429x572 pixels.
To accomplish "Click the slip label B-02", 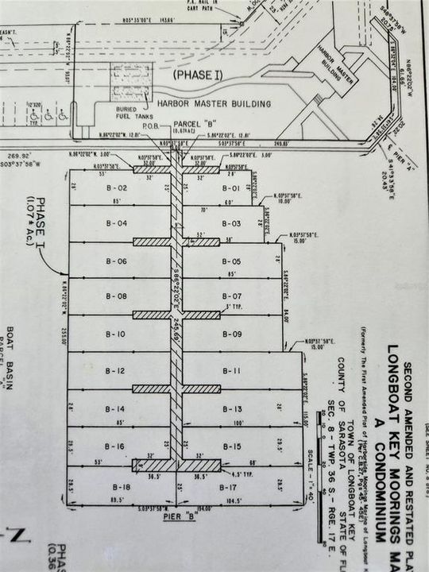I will pyautogui.click(x=118, y=188).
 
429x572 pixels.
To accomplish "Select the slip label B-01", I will pyautogui.click(x=230, y=188).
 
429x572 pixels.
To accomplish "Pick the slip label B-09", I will pyautogui.click(x=231, y=334).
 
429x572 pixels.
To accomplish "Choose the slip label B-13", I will pyautogui.click(x=232, y=408).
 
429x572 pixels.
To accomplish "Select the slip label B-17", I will pyautogui.click(x=231, y=485).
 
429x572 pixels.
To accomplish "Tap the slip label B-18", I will pyautogui.click(x=122, y=485).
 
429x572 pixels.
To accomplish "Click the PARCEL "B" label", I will pyautogui.click(x=195, y=124).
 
